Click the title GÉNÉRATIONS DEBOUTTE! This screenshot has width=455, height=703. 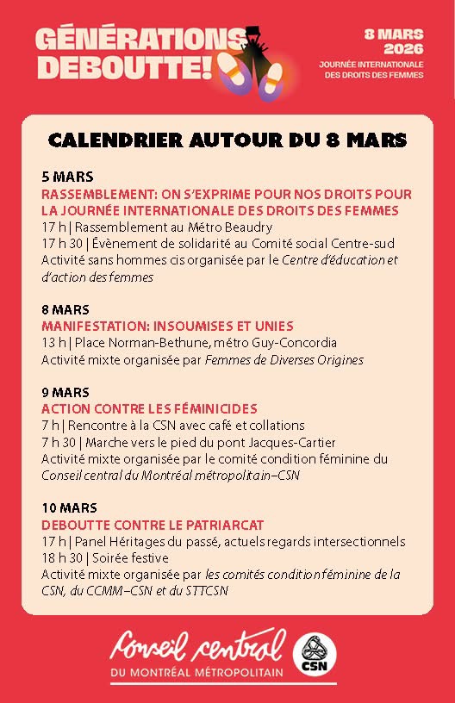[x=129, y=52]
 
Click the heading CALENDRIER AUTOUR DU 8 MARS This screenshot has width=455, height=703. [x=227, y=139]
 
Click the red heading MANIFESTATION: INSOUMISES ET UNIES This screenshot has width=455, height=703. [x=168, y=326]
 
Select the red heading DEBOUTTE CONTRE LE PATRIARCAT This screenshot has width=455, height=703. [x=153, y=525]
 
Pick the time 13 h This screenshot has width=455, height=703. [x=53, y=342]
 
